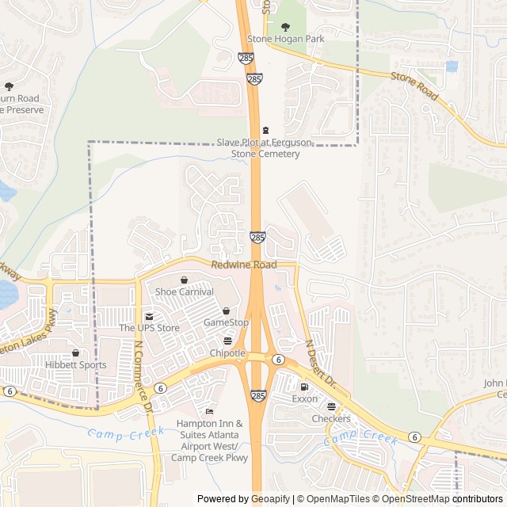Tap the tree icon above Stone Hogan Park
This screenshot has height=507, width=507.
[x=286, y=26]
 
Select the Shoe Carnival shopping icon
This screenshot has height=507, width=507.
[x=184, y=280]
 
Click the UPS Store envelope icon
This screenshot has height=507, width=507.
[x=148, y=316]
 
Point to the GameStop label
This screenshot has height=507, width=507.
[x=226, y=322]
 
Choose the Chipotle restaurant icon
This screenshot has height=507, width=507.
[x=227, y=341]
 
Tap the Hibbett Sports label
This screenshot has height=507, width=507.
[x=76, y=365]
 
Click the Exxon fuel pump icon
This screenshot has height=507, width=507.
[x=303, y=387]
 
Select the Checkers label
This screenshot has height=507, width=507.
[x=330, y=418]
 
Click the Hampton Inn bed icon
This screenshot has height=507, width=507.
[x=209, y=411]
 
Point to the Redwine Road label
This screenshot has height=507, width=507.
[x=244, y=265]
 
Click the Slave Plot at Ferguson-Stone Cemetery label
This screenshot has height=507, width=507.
[x=265, y=148]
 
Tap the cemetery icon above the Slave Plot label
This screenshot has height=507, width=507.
[x=265, y=130]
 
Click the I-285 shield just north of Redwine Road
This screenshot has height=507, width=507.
[x=257, y=237]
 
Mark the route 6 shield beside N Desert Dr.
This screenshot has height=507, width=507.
[x=278, y=359]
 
